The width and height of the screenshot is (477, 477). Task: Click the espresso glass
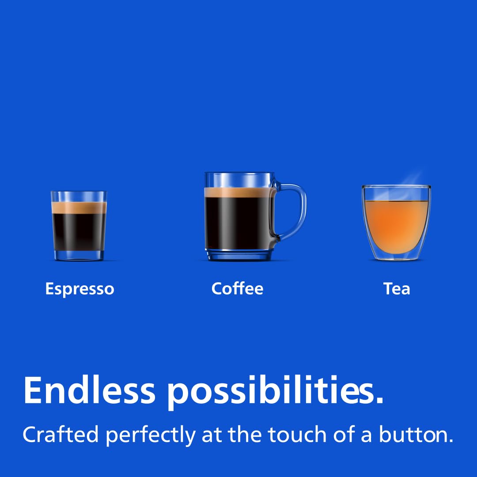pyautogui.click(x=79, y=225)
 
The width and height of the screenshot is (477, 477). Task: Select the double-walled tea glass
pyautogui.click(x=396, y=221)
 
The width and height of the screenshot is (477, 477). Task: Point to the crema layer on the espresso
pyautogui.click(x=79, y=208)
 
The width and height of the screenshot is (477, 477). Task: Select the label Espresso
pyautogui.click(x=79, y=289)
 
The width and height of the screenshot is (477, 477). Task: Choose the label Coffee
pyautogui.click(x=237, y=288)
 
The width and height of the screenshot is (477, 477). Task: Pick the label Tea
pyautogui.click(x=397, y=288)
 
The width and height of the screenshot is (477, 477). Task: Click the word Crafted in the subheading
pyautogui.click(x=61, y=435)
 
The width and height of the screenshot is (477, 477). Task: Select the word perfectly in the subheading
pyautogui.click(x=150, y=435)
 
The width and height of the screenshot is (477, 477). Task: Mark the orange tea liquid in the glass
pyautogui.click(x=396, y=225)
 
